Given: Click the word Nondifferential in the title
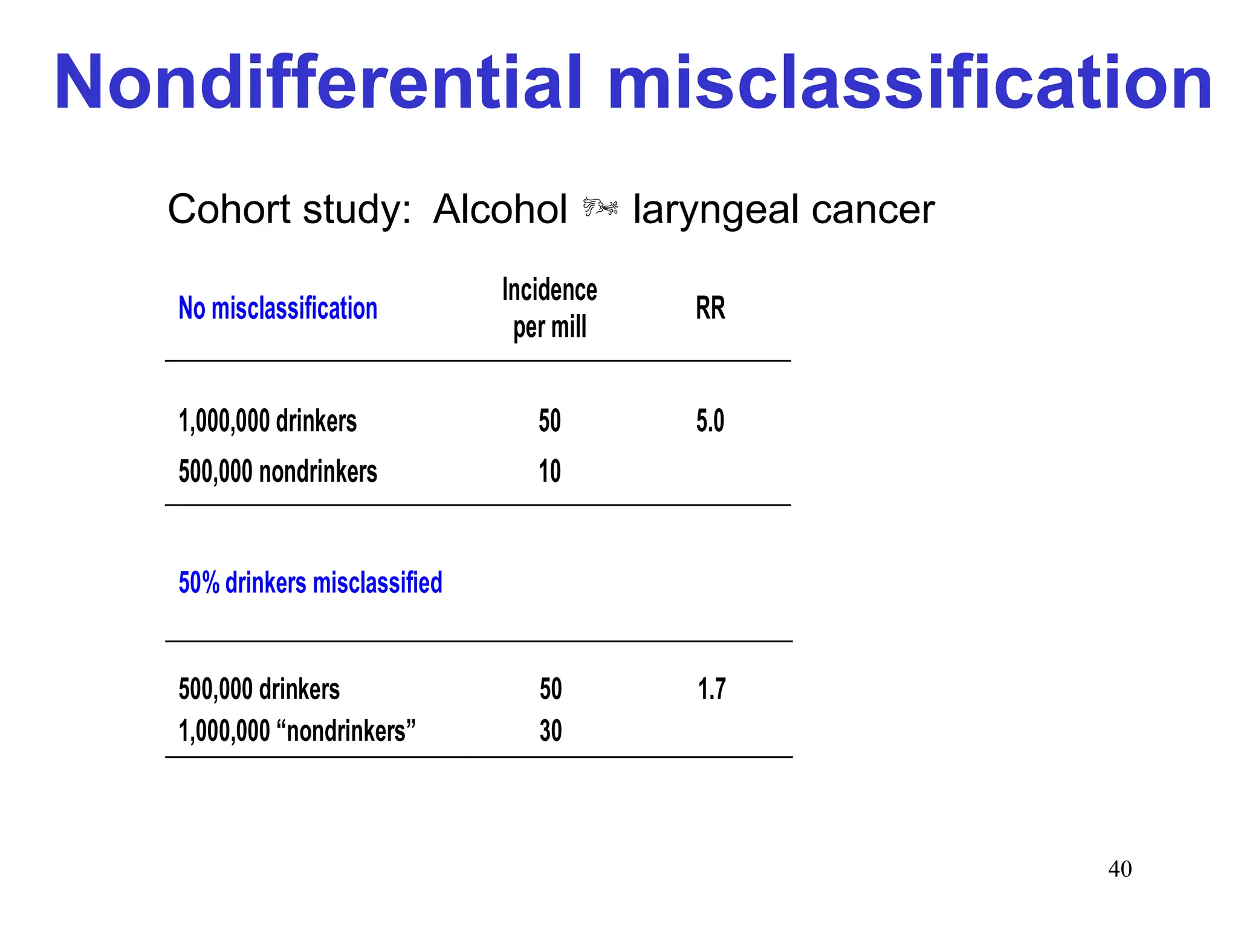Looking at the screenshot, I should [x=318, y=83].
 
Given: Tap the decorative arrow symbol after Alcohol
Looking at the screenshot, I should [x=600, y=207].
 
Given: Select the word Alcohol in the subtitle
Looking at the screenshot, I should [x=500, y=209].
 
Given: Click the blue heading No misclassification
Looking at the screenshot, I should [x=277, y=308].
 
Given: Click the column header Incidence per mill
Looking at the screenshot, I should [x=549, y=308].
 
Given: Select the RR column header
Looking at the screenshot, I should [x=710, y=308].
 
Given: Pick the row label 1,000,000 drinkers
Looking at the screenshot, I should [x=267, y=421].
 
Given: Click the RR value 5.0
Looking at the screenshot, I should [x=710, y=421].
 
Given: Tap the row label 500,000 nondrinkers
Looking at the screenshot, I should [x=277, y=471].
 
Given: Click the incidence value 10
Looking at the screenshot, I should [x=549, y=471].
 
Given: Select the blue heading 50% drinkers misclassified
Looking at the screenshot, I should [x=310, y=582].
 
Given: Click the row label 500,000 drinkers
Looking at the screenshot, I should [x=259, y=689].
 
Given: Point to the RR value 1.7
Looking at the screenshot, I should [x=711, y=689].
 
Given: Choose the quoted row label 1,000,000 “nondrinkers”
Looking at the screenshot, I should [x=297, y=731].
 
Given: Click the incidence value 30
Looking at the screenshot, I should [x=550, y=731].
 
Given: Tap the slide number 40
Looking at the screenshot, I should [x=1120, y=869].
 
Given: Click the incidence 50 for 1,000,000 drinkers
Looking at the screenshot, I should [x=549, y=421].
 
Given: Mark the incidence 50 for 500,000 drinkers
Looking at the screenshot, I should [x=550, y=689].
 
